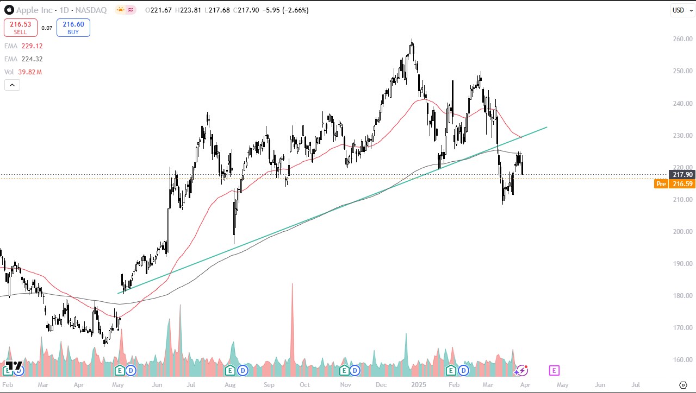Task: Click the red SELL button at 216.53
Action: coord(21,28)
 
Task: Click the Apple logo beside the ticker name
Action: coord(9,10)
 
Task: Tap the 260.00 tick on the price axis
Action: coord(682,39)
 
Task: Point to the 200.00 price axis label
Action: coord(682,232)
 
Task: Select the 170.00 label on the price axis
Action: coord(682,328)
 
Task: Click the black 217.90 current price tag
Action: coord(682,174)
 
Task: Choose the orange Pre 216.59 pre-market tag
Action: coord(674,184)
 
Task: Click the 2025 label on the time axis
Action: coord(418,384)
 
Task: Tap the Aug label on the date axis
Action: coord(230,384)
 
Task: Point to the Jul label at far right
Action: coord(635,384)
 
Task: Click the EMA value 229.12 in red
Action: coord(32,46)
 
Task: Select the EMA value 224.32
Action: coord(32,59)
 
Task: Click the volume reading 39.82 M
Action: coord(32,72)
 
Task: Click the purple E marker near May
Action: coord(554,370)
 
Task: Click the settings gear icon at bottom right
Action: coord(683,384)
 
